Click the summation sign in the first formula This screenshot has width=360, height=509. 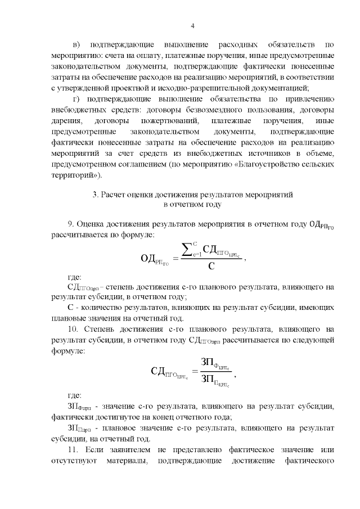click(x=189, y=249)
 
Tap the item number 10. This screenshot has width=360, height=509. click(x=73, y=329)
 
